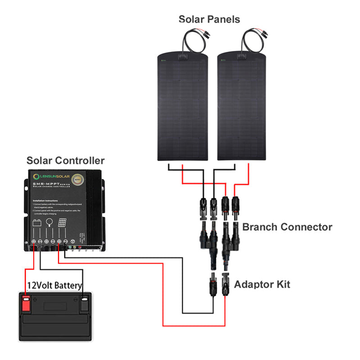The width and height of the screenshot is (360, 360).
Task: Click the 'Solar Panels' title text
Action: pos(209,19)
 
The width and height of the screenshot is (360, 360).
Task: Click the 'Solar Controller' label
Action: pos(65,161)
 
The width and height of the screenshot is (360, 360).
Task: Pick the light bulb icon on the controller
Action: pos(50,223)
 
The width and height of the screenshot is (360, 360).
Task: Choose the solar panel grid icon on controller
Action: pos(63,223)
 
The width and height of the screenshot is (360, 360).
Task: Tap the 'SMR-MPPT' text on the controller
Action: pos(43,185)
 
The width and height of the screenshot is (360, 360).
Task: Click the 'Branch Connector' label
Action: pos(287,227)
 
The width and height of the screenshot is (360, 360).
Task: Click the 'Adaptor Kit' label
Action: pos(262,284)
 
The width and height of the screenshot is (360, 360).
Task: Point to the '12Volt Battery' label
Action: pos(54,285)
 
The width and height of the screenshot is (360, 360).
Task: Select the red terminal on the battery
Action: pos(26,303)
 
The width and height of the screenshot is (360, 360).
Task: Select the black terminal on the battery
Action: pos(84,303)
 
